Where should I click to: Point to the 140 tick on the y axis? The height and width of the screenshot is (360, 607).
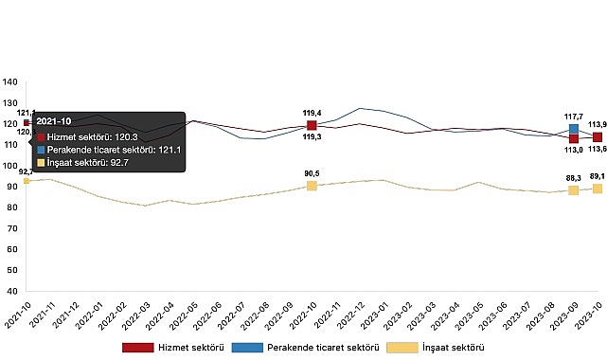coord(9,81)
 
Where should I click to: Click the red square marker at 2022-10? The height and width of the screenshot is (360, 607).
coord(312,125)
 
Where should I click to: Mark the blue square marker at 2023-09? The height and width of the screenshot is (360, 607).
coord(574,129)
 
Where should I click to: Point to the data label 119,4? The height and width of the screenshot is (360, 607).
coord(312,112)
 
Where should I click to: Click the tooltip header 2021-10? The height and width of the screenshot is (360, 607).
coord(55,121)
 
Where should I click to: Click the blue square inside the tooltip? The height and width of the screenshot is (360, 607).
coord(41,149)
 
